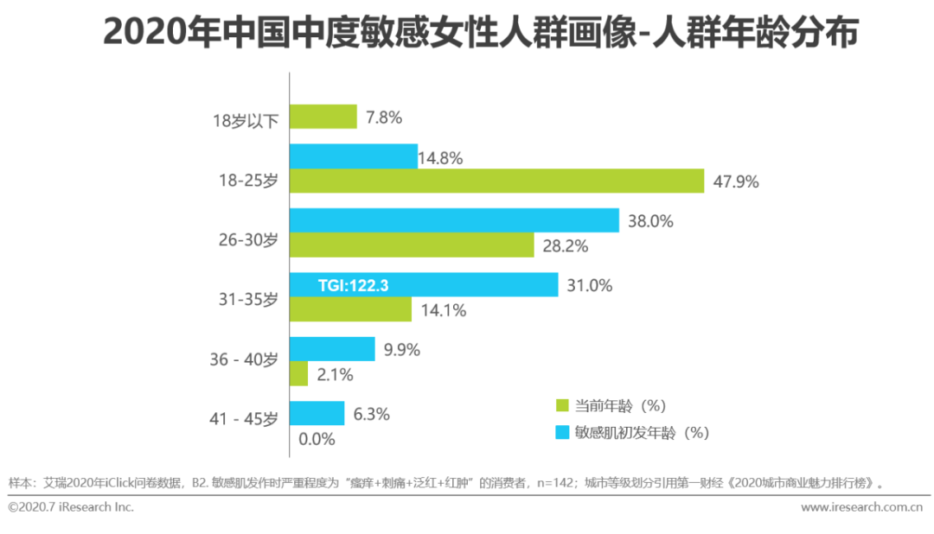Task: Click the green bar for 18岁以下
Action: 323,117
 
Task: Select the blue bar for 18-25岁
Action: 353,156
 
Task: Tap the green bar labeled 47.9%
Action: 496,181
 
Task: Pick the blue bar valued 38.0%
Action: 454,220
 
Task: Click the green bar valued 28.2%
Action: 412,245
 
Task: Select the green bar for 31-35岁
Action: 350,309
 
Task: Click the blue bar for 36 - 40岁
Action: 332,348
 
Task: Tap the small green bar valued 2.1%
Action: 298,373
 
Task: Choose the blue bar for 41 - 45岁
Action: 317,413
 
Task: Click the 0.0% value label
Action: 317,439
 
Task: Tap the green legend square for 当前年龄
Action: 560,405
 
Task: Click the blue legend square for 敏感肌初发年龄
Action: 560,431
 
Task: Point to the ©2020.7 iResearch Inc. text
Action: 71,507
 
